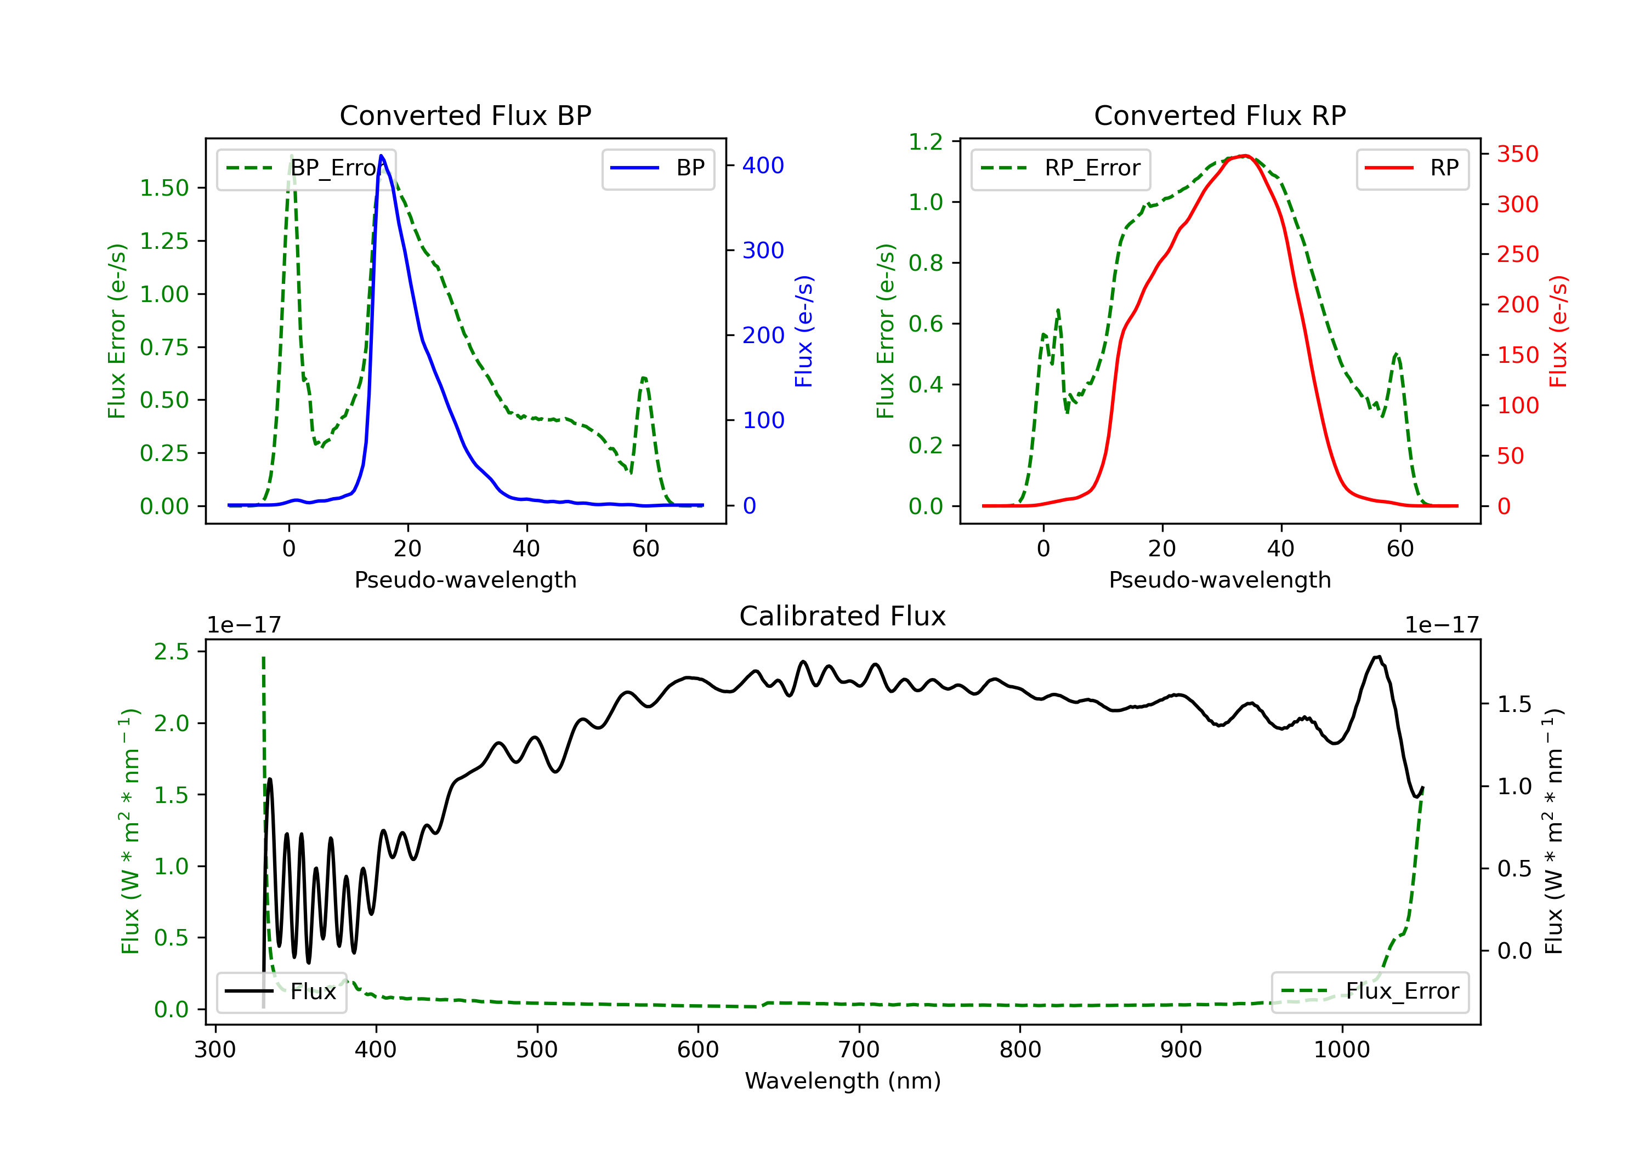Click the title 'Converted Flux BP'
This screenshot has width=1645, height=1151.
(x=465, y=115)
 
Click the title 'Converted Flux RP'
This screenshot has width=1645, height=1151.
(x=1219, y=115)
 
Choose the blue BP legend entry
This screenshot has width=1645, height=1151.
(x=659, y=168)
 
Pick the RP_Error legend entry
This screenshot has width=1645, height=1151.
(x=1060, y=168)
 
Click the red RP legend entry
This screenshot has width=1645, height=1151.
(x=1412, y=168)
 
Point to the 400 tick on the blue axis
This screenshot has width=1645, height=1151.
(x=763, y=166)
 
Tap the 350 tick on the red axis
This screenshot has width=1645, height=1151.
(x=1517, y=154)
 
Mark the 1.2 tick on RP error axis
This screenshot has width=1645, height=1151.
(x=926, y=142)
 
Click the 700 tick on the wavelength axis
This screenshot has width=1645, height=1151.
(x=858, y=1050)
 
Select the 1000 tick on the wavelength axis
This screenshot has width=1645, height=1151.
(x=1341, y=1050)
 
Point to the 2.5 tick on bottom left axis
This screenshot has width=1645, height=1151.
(x=171, y=652)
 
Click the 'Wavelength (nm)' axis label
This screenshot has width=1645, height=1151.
(x=843, y=1081)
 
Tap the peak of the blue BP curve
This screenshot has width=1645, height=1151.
(x=381, y=156)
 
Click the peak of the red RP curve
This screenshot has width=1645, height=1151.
(x=1245, y=156)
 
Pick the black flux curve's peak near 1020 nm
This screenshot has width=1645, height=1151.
(x=1377, y=657)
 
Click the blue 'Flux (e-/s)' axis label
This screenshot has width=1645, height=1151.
(x=804, y=331)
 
